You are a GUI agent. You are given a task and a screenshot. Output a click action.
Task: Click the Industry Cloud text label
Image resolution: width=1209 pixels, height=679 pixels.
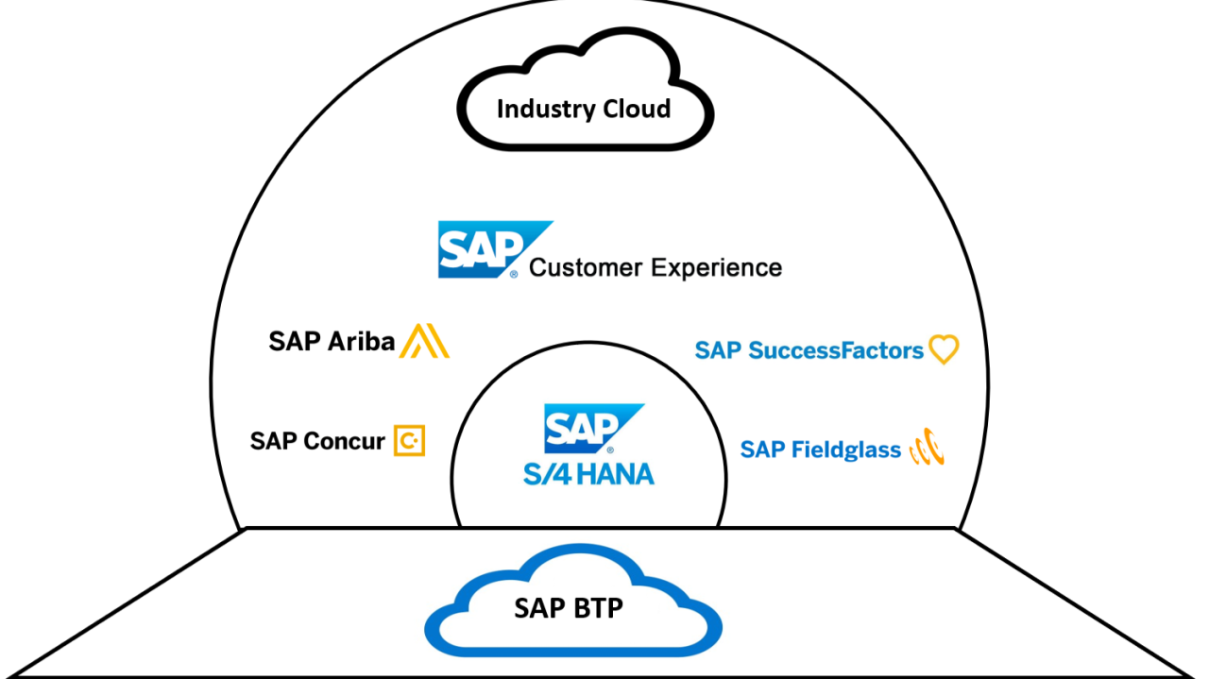click(x=584, y=109)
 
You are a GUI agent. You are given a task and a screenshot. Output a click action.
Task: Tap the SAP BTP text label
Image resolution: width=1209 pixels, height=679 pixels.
click(x=569, y=608)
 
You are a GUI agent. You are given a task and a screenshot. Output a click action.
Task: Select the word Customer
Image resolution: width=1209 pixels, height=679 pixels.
click(x=585, y=267)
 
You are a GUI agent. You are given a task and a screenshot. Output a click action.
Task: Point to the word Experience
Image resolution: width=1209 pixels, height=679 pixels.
click(x=717, y=268)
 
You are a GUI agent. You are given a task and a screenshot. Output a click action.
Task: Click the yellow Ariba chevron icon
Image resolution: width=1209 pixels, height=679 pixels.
click(x=424, y=341)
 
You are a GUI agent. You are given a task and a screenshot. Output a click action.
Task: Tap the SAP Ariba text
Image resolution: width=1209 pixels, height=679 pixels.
click(x=332, y=341)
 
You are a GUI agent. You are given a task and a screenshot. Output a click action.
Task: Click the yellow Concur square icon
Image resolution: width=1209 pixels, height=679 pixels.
click(x=409, y=440)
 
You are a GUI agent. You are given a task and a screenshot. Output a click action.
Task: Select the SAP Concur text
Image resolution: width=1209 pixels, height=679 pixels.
click(x=317, y=441)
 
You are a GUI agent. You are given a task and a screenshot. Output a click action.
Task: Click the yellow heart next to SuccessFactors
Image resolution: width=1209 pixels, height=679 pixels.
click(x=944, y=349)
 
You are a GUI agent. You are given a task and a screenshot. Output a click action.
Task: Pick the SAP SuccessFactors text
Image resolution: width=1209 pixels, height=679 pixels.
click(x=809, y=350)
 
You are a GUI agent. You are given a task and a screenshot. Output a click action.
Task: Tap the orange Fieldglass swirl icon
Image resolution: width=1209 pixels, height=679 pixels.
click(x=927, y=448)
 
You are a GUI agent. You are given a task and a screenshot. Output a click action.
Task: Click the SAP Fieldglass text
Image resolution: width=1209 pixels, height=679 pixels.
click(x=820, y=450)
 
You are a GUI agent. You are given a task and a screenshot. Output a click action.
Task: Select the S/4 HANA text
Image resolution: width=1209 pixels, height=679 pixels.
click(x=588, y=473)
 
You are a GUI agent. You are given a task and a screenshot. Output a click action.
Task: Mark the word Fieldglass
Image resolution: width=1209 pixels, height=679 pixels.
click(x=846, y=450)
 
